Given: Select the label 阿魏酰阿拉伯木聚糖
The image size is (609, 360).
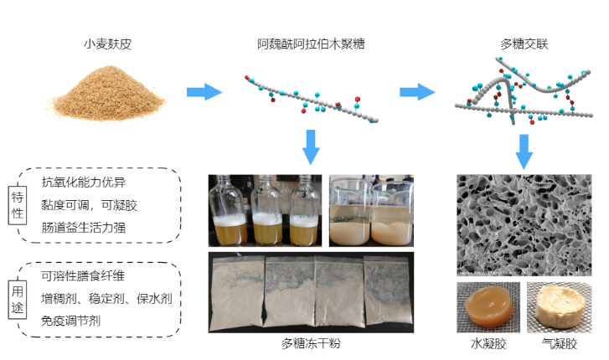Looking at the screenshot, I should (x=311, y=43).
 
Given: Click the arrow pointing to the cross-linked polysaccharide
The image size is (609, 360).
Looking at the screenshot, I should (x=415, y=90).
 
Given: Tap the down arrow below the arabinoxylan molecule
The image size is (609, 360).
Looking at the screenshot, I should (x=311, y=146).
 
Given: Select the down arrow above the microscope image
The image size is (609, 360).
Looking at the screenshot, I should (x=525, y=150).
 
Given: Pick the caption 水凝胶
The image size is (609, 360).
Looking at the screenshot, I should (x=486, y=344).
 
